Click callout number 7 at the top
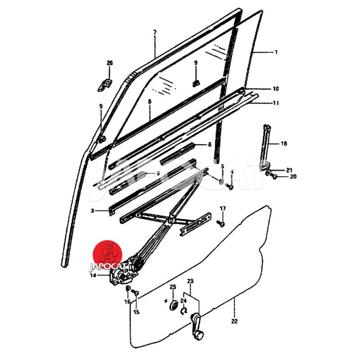coord(155,32)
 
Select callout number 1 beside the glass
coord(276,52)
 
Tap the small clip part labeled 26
coord(106,84)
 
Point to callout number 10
coord(275,89)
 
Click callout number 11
coord(275,103)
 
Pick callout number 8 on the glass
coord(149,103)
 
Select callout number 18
coord(283,144)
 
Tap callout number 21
coord(289,170)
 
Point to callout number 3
coord(92,211)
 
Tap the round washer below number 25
coord(173,306)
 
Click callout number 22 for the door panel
coord(234,321)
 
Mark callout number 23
coord(190,281)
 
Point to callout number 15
coord(136,312)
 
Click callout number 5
coord(222,166)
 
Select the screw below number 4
coord(230,186)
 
